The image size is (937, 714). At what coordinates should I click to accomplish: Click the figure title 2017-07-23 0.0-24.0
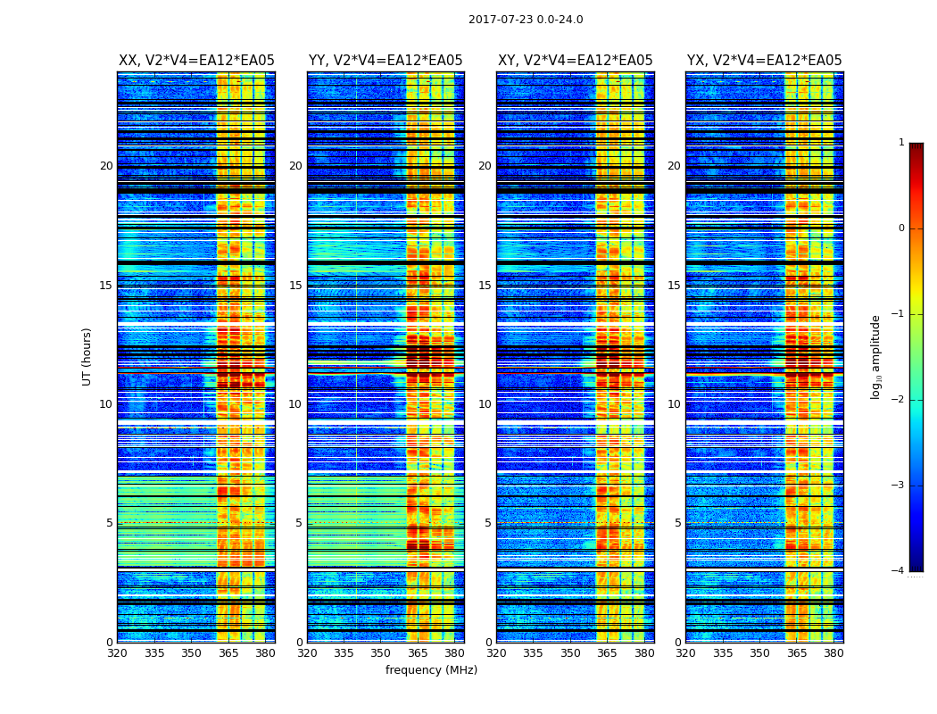coord(526,20)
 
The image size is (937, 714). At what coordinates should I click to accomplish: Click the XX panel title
coord(196,61)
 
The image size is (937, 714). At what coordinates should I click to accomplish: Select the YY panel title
coord(386,61)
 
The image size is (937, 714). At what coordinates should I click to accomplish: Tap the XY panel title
coord(575,61)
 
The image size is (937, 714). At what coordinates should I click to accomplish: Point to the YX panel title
coord(764,61)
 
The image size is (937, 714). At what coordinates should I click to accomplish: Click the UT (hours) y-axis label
coord(87,356)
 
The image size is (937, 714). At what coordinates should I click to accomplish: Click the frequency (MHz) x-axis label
coord(431,670)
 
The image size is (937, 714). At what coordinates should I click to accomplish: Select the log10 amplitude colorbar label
coord(876,356)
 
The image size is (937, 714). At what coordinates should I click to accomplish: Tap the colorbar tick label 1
coord(901,143)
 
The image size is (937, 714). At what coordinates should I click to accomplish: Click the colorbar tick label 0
coord(901,228)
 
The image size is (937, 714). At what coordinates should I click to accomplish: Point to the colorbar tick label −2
coord(899,400)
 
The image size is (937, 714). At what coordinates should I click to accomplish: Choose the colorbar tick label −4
coord(899,571)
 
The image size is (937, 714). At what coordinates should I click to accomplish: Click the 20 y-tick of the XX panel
coord(106,166)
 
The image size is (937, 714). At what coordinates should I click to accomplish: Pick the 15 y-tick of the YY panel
coord(295,286)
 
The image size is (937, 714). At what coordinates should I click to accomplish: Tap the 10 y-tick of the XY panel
coord(485,404)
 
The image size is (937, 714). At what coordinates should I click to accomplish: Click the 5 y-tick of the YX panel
coord(677,523)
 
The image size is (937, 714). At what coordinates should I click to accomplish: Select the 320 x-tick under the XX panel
coord(117,653)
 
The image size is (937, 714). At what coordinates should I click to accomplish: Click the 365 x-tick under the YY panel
coord(418,653)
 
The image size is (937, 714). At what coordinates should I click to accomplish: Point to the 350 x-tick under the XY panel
coord(570,653)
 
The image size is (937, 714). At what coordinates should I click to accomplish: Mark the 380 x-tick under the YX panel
coord(833,653)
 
